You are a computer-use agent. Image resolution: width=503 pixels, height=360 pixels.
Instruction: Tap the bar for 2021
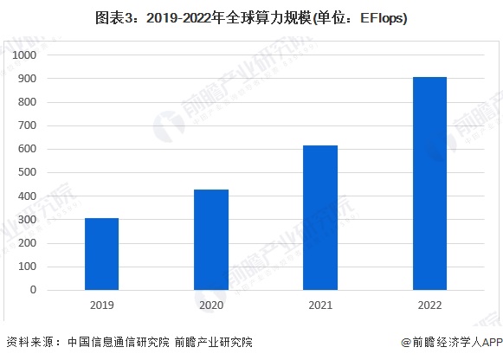tap(320, 217)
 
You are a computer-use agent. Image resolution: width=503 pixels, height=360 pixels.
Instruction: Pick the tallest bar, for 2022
tap(429, 183)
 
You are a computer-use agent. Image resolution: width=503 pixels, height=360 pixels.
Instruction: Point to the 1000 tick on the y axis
tap(23, 55)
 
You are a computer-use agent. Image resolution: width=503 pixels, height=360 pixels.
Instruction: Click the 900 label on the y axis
tap(26, 79)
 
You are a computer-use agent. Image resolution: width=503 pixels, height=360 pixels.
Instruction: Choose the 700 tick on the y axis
tap(26, 125)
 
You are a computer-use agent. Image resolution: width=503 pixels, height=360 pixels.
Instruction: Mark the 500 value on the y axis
tap(26, 173)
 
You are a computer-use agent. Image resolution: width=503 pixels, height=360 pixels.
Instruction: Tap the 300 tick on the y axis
tap(26, 220)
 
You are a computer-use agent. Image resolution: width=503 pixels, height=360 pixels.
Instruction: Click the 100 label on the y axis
tap(26, 267)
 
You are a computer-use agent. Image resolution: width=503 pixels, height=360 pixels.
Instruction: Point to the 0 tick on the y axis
tap(32, 290)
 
